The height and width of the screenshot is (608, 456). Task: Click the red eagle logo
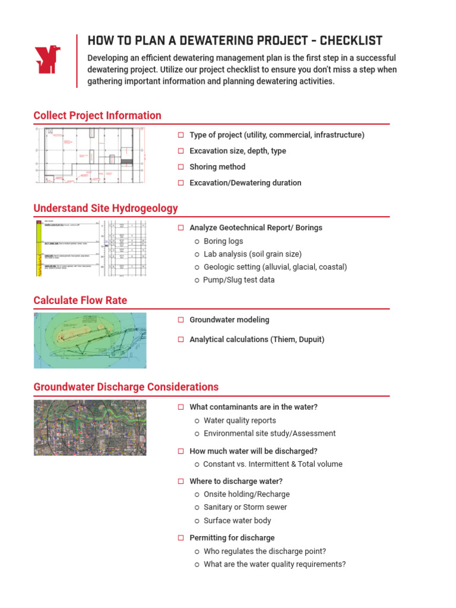[48, 60]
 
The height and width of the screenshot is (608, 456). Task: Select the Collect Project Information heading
[97, 116]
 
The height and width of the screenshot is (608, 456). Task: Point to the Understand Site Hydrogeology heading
[106, 208]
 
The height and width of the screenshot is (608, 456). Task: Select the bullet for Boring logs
[197, 242]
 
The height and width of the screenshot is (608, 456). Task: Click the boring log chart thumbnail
[90, 248]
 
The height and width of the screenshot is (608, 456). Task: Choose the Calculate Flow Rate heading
[80, 300]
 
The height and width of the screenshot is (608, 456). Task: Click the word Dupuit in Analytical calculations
[311, 340]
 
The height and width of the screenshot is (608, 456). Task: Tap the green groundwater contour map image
[90, 340]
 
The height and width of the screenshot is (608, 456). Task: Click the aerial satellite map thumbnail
[90, 427]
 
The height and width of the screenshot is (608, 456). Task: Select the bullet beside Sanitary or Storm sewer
[197, 508]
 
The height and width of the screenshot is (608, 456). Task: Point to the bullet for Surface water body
[197, 521]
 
